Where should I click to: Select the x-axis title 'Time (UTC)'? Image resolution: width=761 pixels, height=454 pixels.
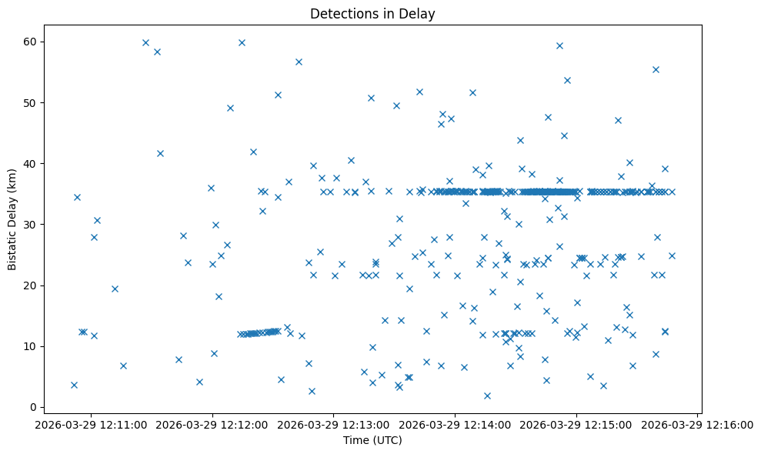[x=372, y=441]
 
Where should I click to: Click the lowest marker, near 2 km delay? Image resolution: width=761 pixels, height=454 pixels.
[x=487, y=396]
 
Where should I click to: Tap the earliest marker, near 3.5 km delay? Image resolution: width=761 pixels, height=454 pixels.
[x=74, y=385]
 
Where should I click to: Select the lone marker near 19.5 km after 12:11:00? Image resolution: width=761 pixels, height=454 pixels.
[x=115, y=289]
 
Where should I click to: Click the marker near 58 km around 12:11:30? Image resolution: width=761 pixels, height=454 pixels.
[x=157, y=52]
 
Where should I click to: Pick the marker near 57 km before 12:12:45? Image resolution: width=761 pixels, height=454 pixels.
[x=299, y=62]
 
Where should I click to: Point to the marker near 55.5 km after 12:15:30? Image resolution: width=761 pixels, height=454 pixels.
[x=656, y=69]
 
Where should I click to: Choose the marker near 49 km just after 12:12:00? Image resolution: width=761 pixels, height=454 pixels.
[x=230, y=108]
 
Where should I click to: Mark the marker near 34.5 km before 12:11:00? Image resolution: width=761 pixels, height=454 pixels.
[x=77, y=197]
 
